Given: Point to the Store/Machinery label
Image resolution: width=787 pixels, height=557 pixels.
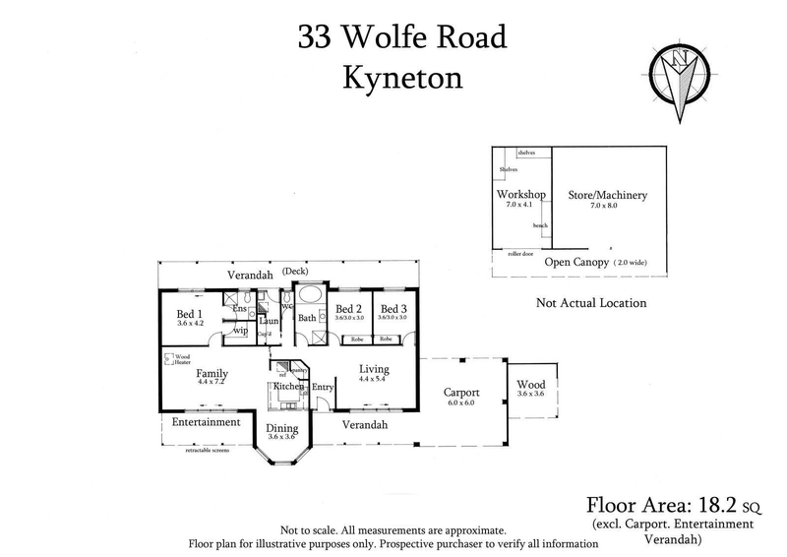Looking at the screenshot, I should [607, 195].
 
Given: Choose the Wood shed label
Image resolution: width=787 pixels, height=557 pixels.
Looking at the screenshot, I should [529, 385].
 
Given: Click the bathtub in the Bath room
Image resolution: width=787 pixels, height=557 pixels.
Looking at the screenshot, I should [308, 295].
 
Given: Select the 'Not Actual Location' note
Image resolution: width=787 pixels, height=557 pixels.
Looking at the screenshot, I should [590, 303].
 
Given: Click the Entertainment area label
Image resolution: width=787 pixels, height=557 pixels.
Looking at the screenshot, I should [206, 422].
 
